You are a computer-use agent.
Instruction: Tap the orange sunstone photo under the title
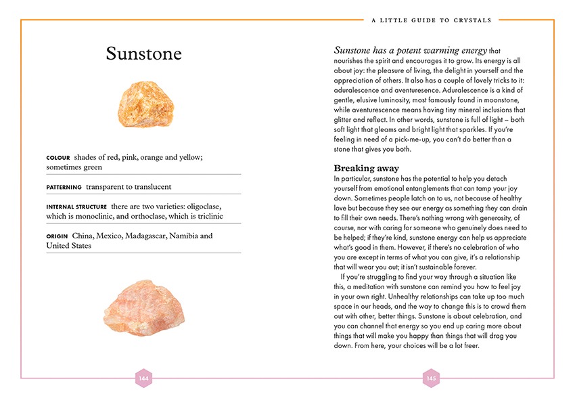click(x=143, y=106)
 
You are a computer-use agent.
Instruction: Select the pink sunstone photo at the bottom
click(x=140, y=307)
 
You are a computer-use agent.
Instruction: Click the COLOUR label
click(x=58, y=158)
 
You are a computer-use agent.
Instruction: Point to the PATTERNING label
click(x=64, y=187)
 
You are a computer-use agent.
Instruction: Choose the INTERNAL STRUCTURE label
click(x=76, y=206)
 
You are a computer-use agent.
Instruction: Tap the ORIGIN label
click(x=57, y=236)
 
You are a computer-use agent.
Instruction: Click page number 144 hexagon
click(x=143, y=378)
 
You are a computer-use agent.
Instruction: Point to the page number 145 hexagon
click(x=431, y=378)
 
